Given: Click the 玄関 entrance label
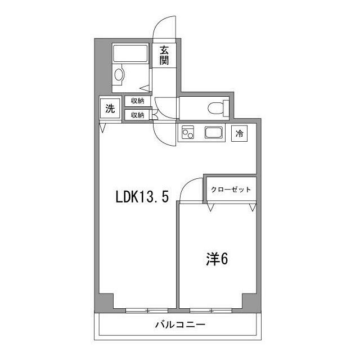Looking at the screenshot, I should coord(164,54).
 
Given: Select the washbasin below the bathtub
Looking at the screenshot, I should coord(119,74).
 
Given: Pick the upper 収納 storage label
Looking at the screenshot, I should coord(137,101).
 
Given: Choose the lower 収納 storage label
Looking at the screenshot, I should coord(137,115).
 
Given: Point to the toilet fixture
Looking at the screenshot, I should coord(216,107).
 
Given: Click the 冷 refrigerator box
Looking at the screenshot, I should coord(240,134).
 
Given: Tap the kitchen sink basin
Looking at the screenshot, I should coord(214,134).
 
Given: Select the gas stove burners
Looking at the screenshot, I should coord(188,134).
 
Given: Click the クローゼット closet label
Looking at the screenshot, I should coord(231,190).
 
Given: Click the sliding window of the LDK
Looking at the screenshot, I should coord(147,310).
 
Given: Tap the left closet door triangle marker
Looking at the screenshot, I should coord(211,207).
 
